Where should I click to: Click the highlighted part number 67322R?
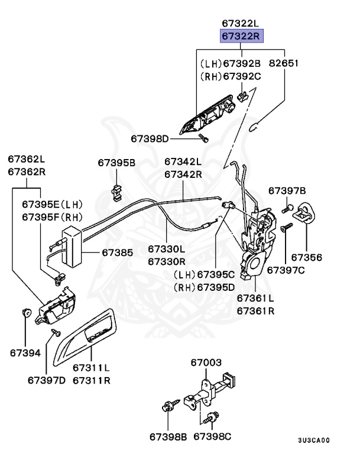(241, 37)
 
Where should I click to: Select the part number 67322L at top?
(241, 24)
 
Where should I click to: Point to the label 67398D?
(150, 139)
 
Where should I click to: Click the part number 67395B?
(116, 163)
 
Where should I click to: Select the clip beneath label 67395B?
(117, 189)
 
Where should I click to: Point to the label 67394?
(25, 353)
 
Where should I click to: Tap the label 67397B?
(287, 190)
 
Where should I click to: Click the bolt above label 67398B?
(167, 407)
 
